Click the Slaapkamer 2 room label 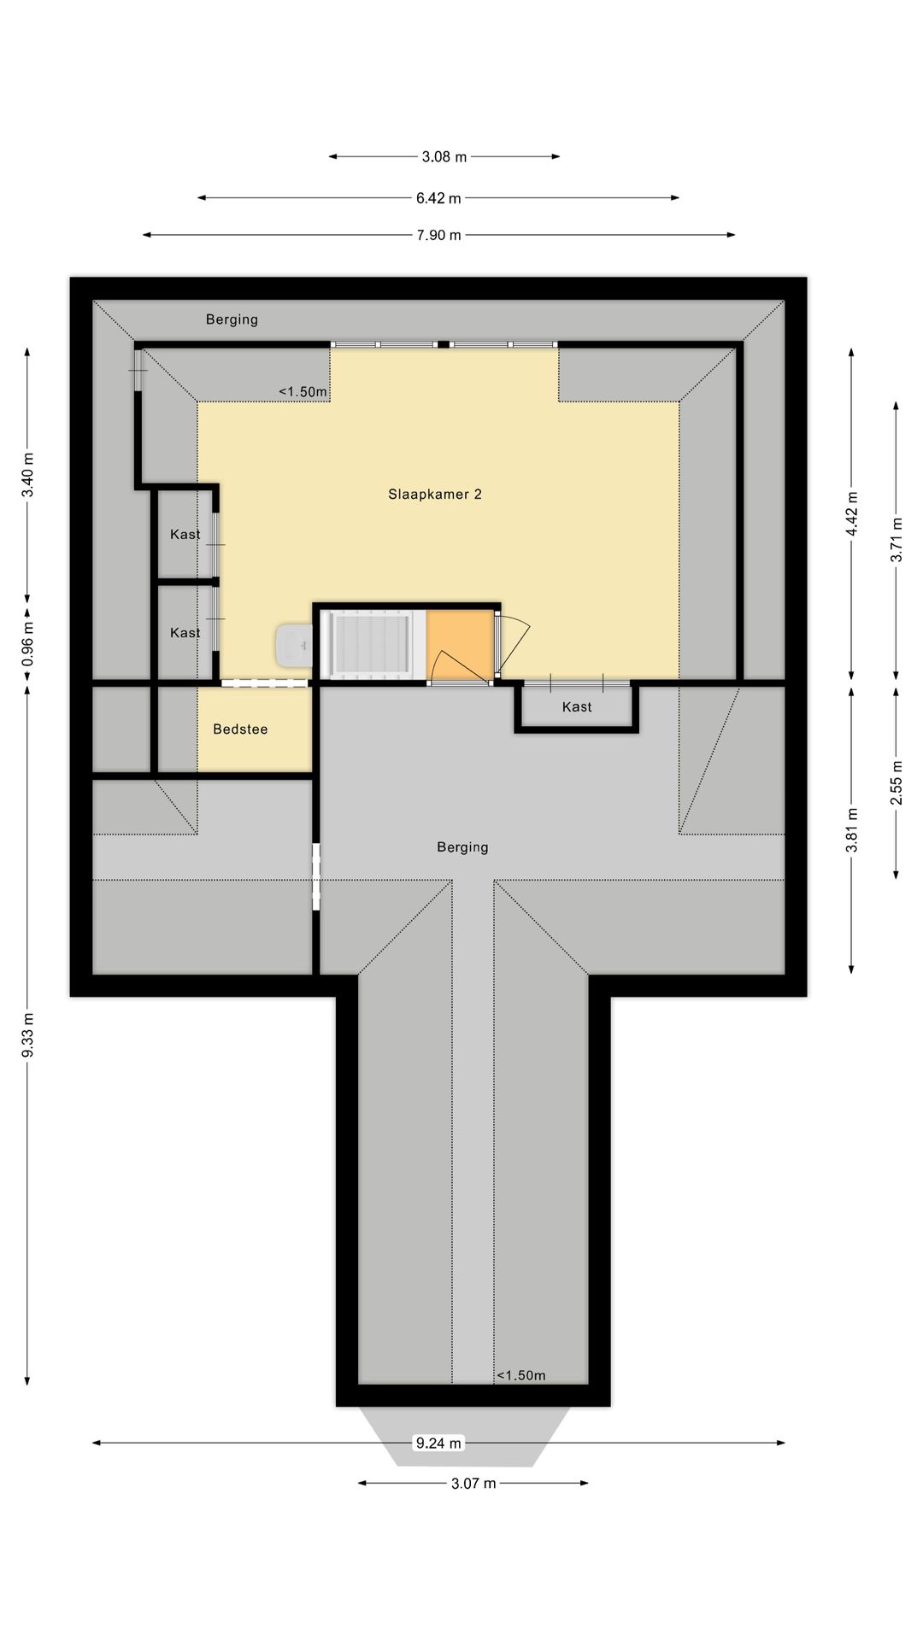click(x=435, y=494)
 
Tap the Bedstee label click(x=240, y=729)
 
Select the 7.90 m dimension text click(x=438, y=235)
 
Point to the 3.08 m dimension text click(x=444, y=156)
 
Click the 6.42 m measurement click(x=438, y=198)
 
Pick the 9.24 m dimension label click(x=438, y=1443)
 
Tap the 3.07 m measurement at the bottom click(x=473, y=1483)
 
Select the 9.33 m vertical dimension click(x=28, y=1035)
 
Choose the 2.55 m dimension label click(x=897, y=782)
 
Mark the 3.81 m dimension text click(x=852, y=829)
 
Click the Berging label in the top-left click(x=232, y=319)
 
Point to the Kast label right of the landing click(x=577, y=706)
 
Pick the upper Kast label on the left click(x=185, y=534)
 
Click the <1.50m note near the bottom click(x=520, y=1375)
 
